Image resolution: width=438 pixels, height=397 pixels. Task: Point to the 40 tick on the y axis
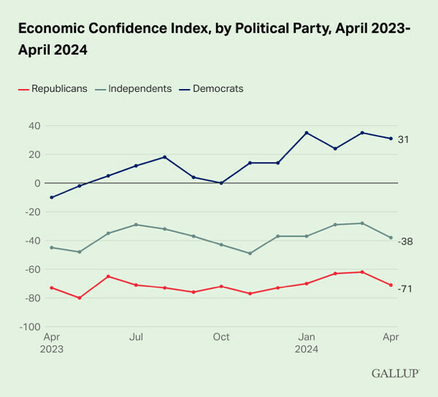point(34,126)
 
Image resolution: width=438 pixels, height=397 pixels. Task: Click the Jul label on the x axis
point(136,337)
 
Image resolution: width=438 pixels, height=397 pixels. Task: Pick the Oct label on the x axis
point(221,337)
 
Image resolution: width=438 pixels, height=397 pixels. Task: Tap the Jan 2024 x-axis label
point(307,343)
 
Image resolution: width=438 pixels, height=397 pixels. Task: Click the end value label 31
point(403,139)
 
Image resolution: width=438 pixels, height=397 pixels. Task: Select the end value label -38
point(405,241)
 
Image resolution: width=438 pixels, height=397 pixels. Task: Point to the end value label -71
point(405,289)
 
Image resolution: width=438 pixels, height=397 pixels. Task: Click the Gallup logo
point(396,374)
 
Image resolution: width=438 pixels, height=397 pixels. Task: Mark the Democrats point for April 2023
point(51,197)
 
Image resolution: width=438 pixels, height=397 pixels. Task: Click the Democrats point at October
point(221,183)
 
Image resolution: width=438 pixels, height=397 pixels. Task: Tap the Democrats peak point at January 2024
point(307,133)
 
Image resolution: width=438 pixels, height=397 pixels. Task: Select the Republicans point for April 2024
point(391,285)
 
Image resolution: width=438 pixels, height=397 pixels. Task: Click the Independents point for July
point(136,225)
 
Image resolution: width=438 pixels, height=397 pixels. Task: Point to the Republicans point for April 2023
point(51,288)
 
